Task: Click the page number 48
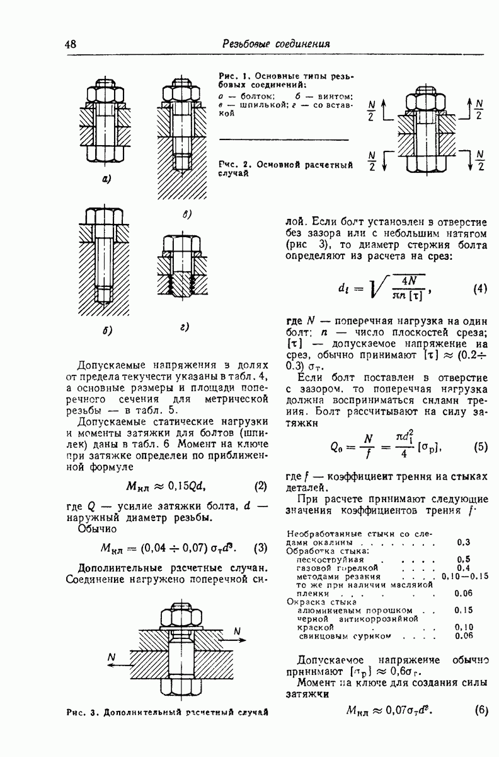point(70,44)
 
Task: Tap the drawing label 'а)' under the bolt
point(106,179)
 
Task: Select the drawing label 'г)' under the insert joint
point(185,326)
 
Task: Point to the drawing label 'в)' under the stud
point(187,214)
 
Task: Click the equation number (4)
point(480,290)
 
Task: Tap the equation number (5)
point(481,447)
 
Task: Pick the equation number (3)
point(260,547)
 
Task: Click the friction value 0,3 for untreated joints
point(464,542)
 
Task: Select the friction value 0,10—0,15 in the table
point(466,576)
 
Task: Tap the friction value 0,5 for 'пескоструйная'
point(464,559)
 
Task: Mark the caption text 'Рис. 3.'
point(82,713)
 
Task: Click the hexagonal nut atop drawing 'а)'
point(105,95)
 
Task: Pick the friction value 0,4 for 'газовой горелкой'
point(464,568)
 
